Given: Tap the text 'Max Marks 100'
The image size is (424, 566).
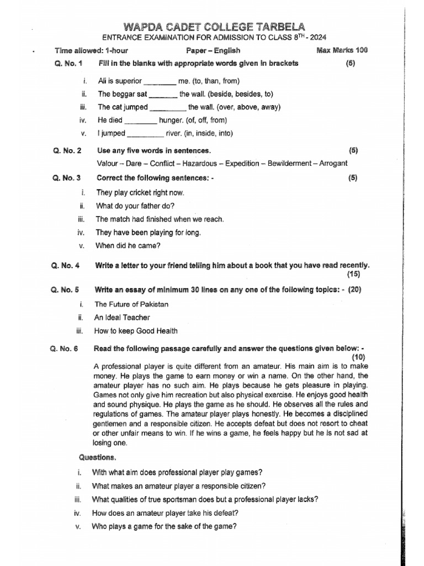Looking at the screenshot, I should [x=342, y=50].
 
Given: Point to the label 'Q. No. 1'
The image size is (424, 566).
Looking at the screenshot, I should [x=68, y=63].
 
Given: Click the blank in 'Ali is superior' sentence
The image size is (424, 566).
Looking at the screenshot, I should [x=160, y=81].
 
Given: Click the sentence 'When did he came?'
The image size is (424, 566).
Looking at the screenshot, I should [x=128, y=245].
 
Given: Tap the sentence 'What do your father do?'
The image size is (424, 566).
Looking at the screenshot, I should [x=135, y=206].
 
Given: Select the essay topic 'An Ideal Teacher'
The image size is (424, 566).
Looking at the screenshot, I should [x=122, y=317].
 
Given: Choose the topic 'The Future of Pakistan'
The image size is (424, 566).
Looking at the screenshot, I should [x=131, y=304].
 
